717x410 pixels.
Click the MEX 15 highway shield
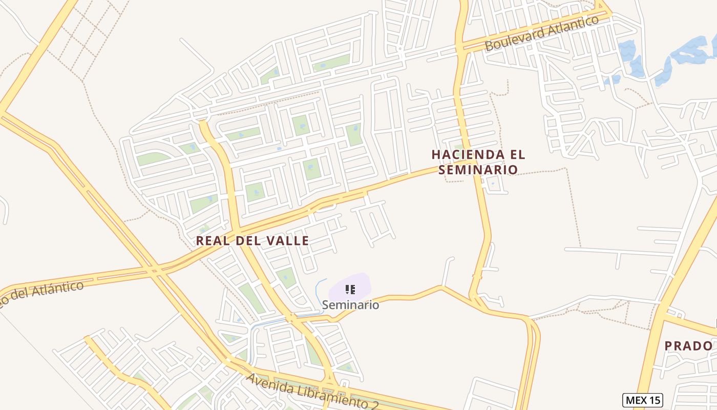pos(642,400)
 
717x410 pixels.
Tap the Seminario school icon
pos(350,290)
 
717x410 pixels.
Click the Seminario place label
pos(350,305)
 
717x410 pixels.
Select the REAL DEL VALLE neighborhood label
pos(252,240)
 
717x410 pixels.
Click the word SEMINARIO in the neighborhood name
pos(478,169)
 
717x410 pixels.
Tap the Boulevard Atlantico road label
pos(541,33)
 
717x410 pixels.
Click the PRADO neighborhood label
pos(688,346)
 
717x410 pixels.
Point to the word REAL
pos(212,240)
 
